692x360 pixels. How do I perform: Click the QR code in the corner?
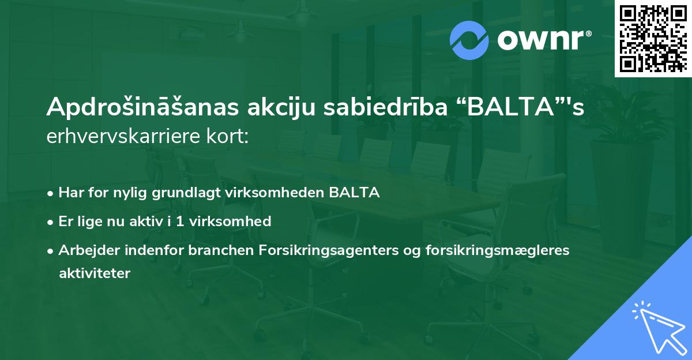coord(653,39)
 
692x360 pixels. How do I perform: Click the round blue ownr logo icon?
coord(469,40)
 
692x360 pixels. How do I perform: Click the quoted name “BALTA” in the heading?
coord(506,108)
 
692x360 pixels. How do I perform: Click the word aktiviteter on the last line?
coord(95,273)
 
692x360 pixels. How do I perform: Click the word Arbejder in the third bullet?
coord(83,250)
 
